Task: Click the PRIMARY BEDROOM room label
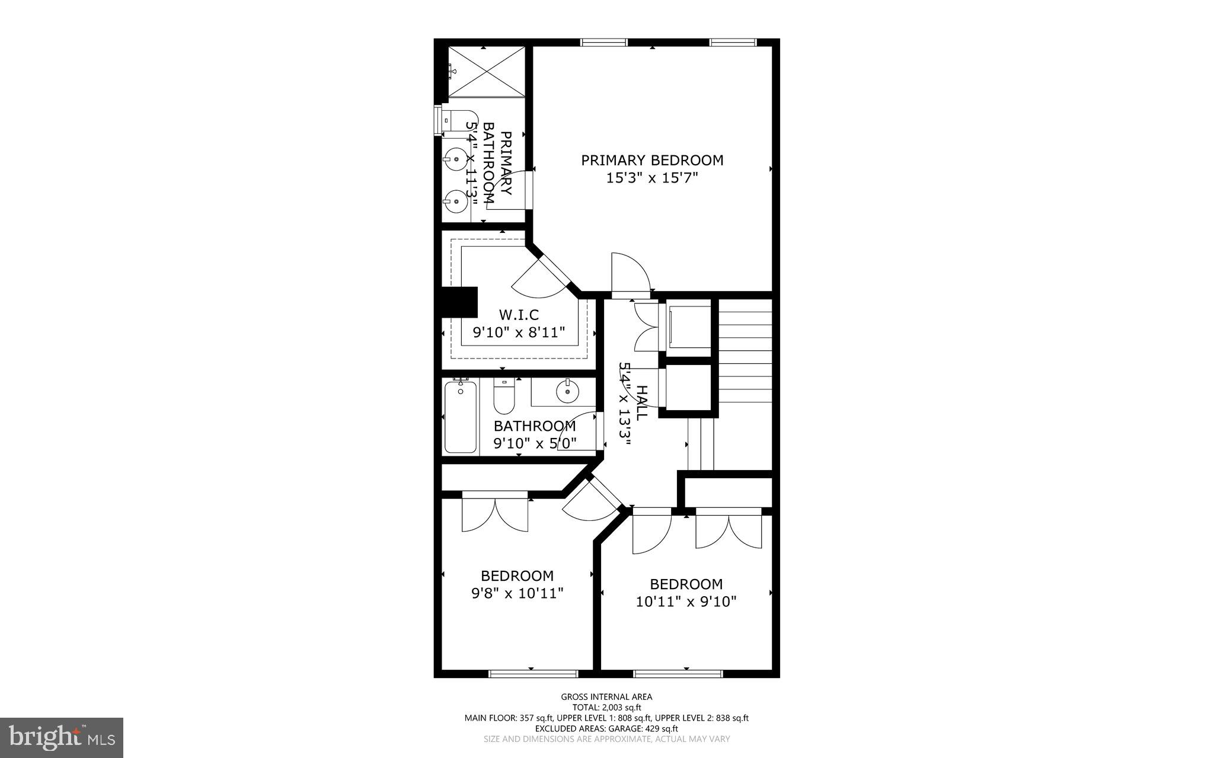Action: point(652,160)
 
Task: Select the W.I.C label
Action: point(519,314)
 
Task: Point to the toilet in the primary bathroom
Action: point(459,120)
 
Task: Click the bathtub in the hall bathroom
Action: point(461,417)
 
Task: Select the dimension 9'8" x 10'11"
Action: point(517,593)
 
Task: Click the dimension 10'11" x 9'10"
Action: point(686,602)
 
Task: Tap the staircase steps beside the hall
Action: point(745,356)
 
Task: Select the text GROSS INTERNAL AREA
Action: point(606,697)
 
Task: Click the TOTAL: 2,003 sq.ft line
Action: point(606,707)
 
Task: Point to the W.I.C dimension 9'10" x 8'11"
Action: point(519,332)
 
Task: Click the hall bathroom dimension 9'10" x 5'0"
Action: point(535,443)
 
